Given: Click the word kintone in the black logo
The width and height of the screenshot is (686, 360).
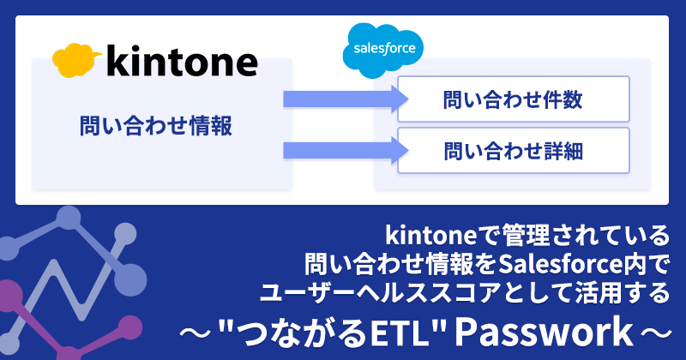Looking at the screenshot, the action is click(x=182, y=61).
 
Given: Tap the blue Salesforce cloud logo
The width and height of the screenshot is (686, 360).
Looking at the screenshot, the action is click(x=383, y=51).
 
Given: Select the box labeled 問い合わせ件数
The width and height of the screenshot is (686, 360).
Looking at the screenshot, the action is click(x=513, y=99).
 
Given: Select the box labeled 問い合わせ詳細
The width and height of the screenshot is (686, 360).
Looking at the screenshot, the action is click(x=513, y=151).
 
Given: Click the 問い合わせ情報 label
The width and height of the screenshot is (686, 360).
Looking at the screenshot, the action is click(x=156, y=126).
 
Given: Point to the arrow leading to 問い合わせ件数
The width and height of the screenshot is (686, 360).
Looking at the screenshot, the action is click(x=346, y=99).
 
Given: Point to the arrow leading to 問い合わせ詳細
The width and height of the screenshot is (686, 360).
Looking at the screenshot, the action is click(x=346, y=151).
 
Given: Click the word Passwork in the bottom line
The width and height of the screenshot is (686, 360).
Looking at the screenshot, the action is click(x=544, y=333).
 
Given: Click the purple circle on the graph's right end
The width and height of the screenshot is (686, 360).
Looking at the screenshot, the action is click(x=129, y=328).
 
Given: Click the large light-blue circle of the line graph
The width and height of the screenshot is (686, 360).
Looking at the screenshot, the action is click(x=130, y=280).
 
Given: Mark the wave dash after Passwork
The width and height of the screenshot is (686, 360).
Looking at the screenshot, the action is click(x=655, y=334).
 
